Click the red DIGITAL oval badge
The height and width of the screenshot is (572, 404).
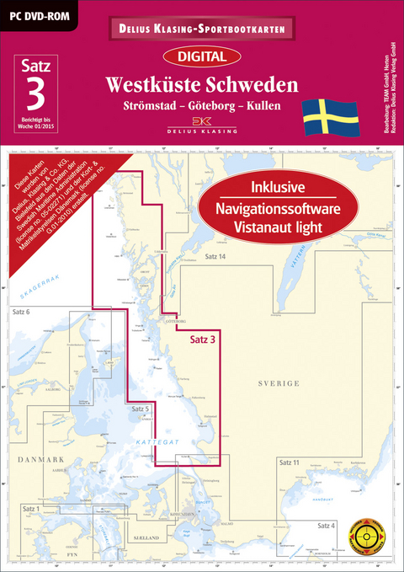pyautogui.click(x=202, y=57)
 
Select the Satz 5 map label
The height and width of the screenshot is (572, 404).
pyautogui.click(x=141, y=409)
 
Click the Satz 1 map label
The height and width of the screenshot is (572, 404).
pyautogui.click(x=33, y=510)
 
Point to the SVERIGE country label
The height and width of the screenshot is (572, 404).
pyautogui.click(x=281, y=383)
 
